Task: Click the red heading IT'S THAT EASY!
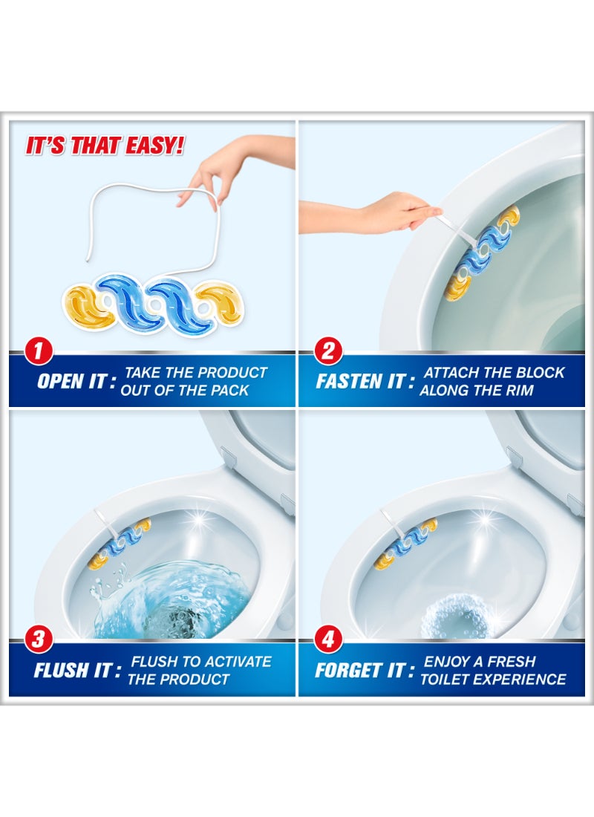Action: tap(105, 146)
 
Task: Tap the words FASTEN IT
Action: tap(359, 382)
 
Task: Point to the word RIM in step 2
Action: tap(517, 390)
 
